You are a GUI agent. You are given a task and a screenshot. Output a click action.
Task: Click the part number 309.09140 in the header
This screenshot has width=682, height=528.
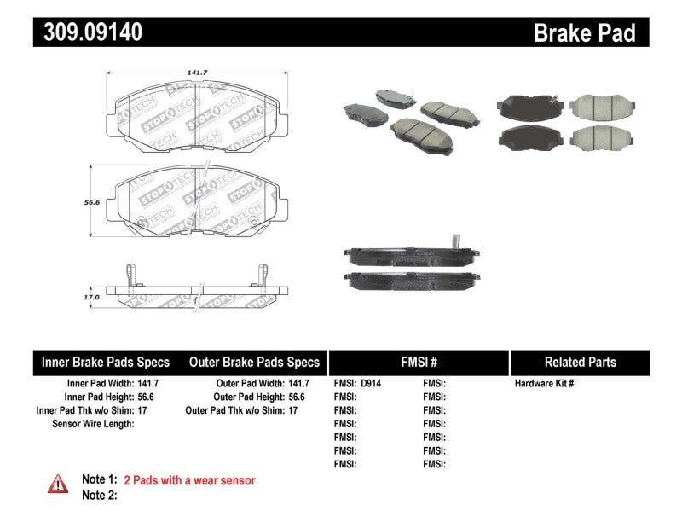pyautogui.click(x=89, y=32)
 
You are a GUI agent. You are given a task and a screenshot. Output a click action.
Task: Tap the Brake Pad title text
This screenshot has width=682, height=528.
pyautogui.click(x=584, y=32)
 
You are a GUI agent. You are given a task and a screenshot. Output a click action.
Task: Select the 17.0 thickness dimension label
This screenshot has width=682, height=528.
pyautogui.click(x=91, y=297)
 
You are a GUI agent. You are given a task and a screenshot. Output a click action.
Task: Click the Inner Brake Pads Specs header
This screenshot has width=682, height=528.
pyautogui.click(x=106, y=362)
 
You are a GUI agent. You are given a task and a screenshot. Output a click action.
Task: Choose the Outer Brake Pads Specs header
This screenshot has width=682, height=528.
pyautogui.click(x=254, y=362)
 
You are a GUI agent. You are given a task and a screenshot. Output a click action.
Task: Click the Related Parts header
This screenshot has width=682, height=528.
pyautogui.click(x=580, y=362)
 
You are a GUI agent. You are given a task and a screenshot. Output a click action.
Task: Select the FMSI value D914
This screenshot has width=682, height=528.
pyautogui.click(x=371, y=384)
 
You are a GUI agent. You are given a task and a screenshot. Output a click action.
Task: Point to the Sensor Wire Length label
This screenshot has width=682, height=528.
pyautogui.click(x=93, y=424)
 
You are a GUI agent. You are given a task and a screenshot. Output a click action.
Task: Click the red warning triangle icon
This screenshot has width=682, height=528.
pyautogui.click(x=57, y=484)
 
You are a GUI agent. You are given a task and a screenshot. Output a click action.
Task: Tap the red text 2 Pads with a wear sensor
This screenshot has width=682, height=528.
pyautogui.click(x=189, y=481)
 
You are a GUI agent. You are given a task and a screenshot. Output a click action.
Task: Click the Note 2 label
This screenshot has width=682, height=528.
pyautogui.click(x=99, y=495)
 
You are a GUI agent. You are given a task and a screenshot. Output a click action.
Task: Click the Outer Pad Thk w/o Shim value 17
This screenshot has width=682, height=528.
pyautogui.click(x=292, y=410)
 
